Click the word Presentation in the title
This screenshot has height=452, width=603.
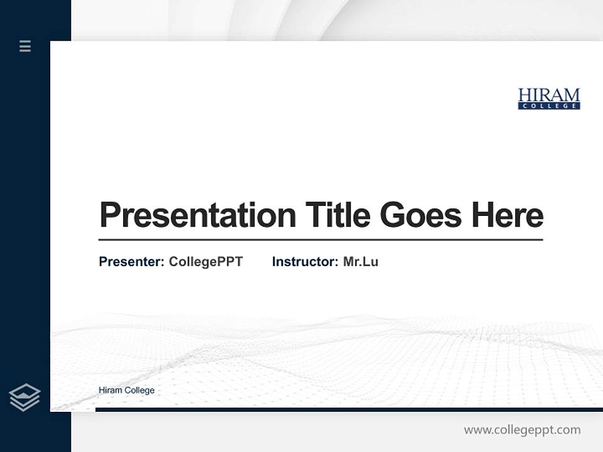(x=197, y=215)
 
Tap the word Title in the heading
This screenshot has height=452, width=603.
(x=337, y=215)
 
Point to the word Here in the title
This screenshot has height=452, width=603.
(x=507, y=215)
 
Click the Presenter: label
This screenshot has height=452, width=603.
(x=131, y=262)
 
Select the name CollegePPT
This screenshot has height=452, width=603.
(x=205, y=262)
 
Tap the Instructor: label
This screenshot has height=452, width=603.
(x=305, y=262)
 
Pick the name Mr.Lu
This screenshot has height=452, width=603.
(x=361, y=262)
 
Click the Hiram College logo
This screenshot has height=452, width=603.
(x=548, y=99)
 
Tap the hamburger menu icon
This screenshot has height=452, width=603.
(x=25, y=46)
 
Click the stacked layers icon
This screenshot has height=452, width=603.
(x=24, y=397)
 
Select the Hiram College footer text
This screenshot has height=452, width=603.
(x=126, y=390)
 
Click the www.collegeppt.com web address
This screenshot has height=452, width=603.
(x=522, y=430)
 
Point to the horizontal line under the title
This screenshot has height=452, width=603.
(x=320, y=240)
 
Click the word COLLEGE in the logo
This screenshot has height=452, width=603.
(x=548, y=106)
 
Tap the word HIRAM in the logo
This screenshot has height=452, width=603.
(x=548, y=95)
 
